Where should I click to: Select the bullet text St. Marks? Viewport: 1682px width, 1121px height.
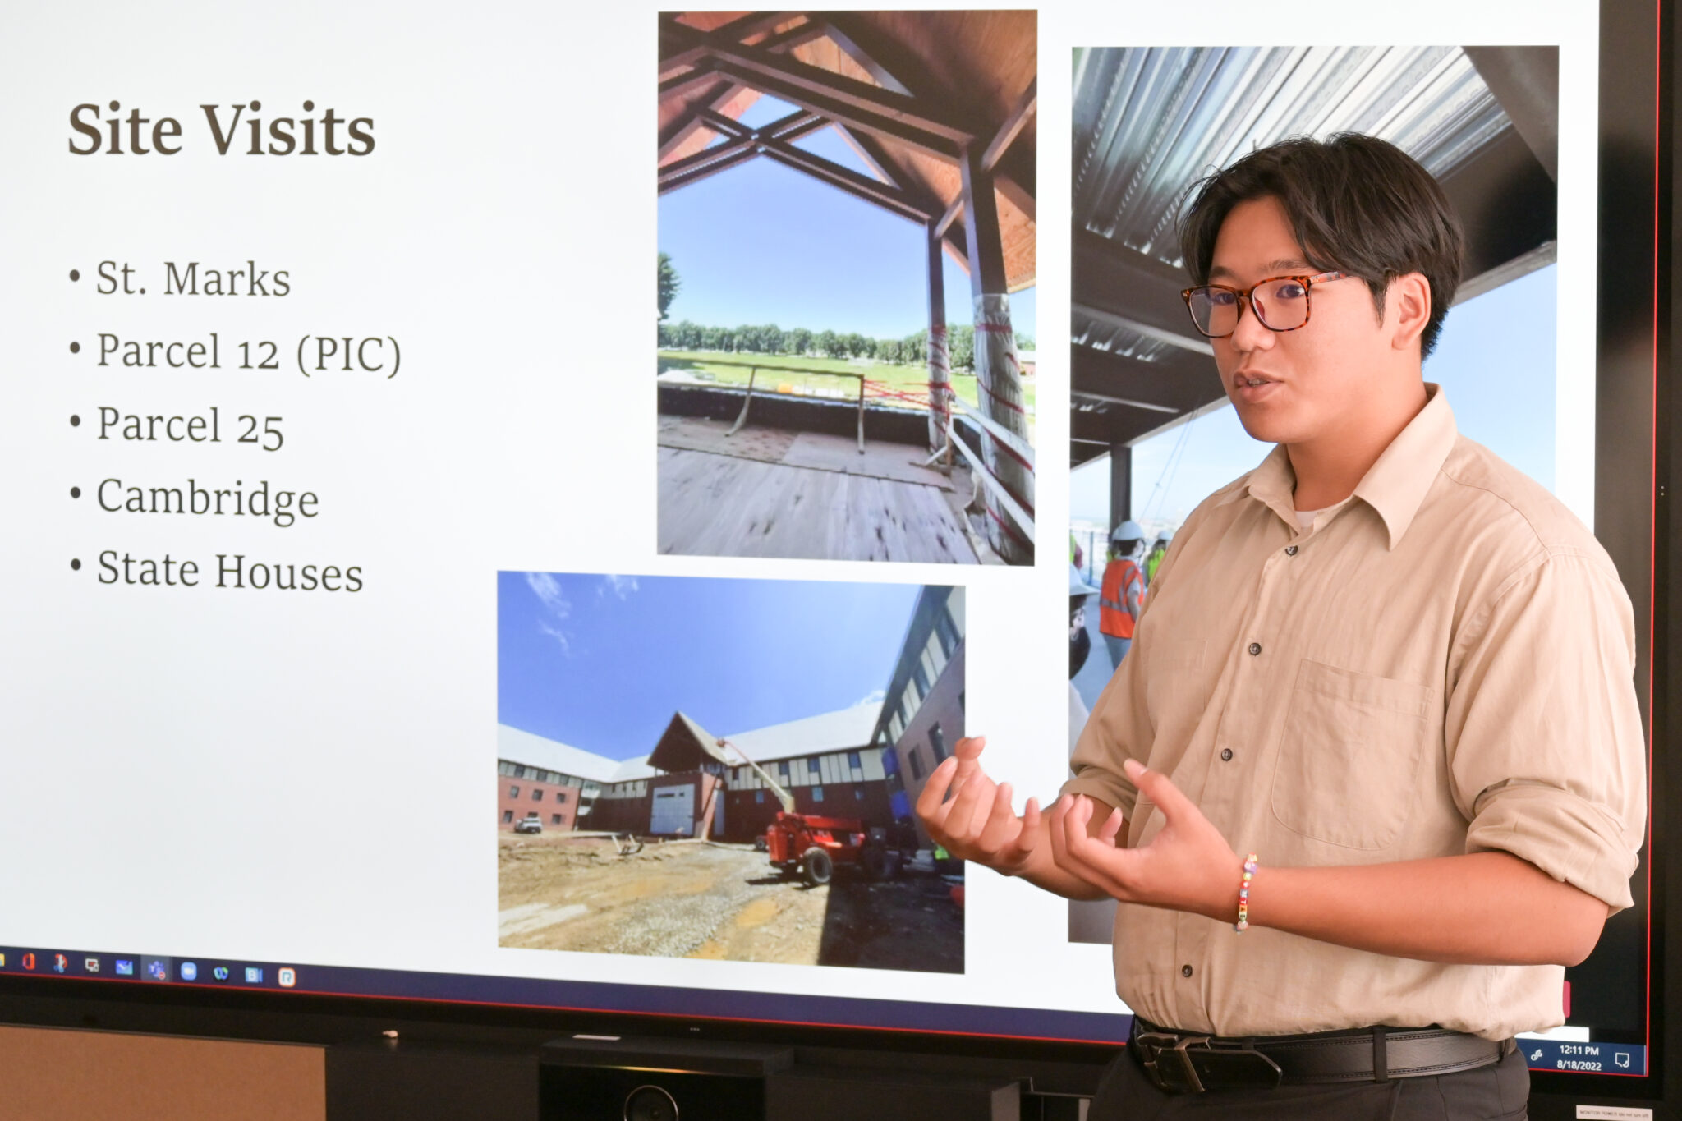(193, 279)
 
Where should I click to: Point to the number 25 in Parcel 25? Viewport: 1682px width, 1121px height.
(260, 427)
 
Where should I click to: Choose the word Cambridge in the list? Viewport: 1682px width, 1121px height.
(208, 498)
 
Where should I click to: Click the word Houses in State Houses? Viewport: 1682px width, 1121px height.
(288, 572)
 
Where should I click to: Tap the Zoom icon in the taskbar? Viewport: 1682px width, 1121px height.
(188, 970)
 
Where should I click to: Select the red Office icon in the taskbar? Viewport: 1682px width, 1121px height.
(29, 962)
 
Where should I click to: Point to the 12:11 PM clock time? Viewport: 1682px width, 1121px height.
(1579, 1050)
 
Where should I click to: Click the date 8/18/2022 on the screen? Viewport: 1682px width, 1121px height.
(1579, 1065)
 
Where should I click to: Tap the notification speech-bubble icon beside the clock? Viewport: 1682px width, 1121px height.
(1622, 1059)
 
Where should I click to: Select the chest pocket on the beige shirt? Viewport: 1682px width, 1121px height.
(1351, 756)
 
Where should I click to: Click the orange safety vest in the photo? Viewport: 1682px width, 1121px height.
(1119, 596)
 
